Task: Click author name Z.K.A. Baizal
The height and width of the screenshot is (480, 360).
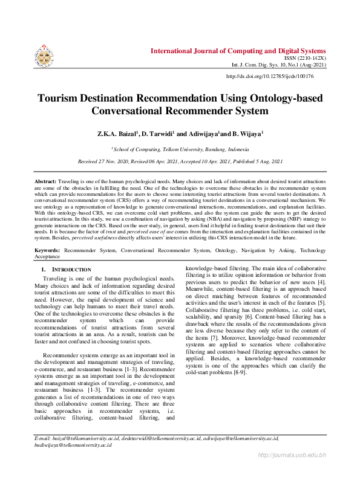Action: point(119,132)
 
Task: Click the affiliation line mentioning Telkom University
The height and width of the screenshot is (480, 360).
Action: point(180,148)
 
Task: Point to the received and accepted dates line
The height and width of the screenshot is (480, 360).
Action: point(180,162)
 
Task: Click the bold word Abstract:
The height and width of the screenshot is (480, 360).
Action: point(45,181)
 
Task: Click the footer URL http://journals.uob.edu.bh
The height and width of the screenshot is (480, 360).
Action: point(292,455)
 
